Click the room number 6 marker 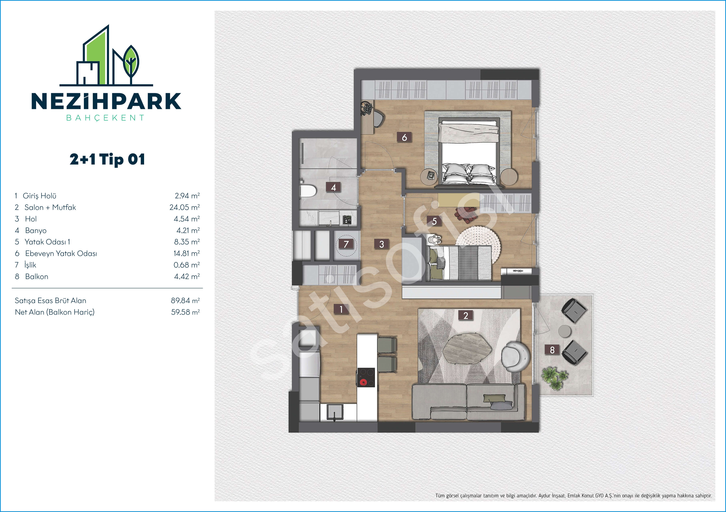pos(404,137)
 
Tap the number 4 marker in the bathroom pos(333,187)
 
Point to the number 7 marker pos(346,244)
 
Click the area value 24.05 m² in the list pos(185,207)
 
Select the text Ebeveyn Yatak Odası pos(61,253)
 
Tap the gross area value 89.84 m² pos(185,300)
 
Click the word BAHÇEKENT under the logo pos(105,118)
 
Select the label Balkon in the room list pos(37,276)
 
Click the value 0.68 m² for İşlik pos(187,265)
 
